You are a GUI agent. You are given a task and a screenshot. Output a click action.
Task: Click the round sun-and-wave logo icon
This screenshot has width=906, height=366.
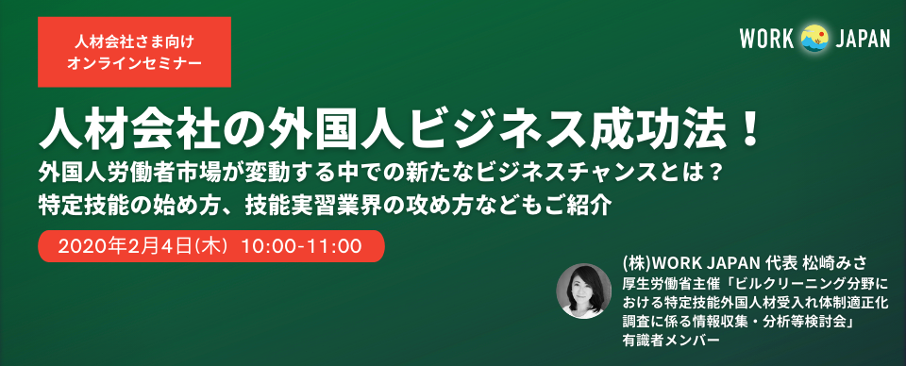814,39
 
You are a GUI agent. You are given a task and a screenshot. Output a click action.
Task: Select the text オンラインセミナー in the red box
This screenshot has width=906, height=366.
134,61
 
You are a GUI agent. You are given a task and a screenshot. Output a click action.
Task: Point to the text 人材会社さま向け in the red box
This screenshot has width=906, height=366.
134,42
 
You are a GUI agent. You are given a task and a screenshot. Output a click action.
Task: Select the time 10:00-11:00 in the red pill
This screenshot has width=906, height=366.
302,246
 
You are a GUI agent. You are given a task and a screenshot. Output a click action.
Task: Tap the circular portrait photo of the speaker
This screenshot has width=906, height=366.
583,291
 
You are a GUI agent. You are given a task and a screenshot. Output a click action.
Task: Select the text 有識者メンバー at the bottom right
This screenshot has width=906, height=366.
664,341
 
